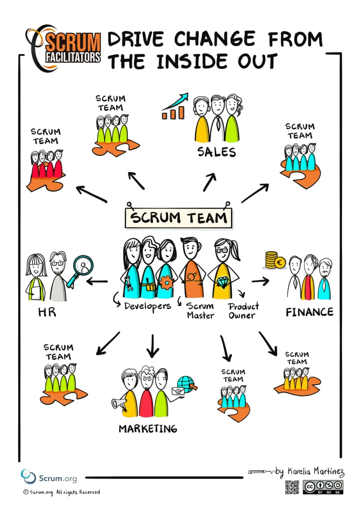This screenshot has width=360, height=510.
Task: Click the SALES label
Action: click(x=217, y=152)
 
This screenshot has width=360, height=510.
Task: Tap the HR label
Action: click(x=47, y=312)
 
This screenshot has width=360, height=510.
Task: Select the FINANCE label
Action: click(x=309, y=312)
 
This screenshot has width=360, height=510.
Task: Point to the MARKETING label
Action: click(x=148, y=429)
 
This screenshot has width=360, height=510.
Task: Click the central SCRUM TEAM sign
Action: click(x=179, y=218)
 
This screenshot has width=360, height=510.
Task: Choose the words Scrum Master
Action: click(x=200, y=311)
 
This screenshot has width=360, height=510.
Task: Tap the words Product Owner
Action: click(x=243, y=311)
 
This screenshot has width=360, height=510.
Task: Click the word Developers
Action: click(x=147, y=306)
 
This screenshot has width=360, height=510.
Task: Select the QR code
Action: click(x=292, y=487)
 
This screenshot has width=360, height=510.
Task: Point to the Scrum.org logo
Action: click(x=49, y=477)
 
